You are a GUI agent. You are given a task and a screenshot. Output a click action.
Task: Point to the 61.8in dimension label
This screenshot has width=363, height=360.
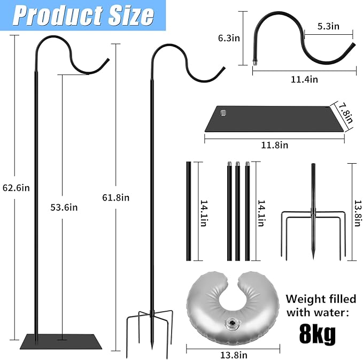[x=115, y=197]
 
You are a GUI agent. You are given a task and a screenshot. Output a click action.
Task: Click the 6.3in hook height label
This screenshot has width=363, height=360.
[x=229, y=38]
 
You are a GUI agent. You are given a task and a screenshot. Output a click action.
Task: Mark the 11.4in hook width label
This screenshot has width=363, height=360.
[x=304, y=79]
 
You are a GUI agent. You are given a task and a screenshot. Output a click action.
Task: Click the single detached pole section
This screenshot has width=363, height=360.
[x=188, y=211]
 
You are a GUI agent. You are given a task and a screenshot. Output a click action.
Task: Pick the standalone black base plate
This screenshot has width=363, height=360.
[x=273, y=118]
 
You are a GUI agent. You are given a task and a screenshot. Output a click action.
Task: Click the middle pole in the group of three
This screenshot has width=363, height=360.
[x=237, y=211]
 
